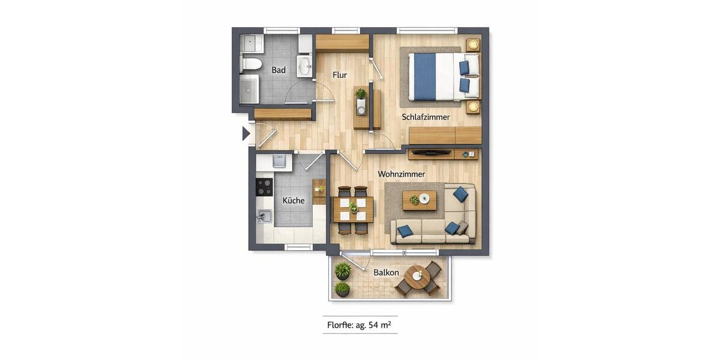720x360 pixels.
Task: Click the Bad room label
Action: point(278,70)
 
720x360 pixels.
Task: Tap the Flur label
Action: point(340,75)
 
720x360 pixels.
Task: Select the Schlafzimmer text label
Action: point(425,117)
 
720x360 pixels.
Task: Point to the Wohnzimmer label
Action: point(401,174)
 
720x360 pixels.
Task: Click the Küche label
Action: point(293,200)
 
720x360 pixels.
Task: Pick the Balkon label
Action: point(386,272)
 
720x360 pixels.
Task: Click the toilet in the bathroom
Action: point(251,64)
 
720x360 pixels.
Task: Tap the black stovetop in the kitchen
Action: point(264,187)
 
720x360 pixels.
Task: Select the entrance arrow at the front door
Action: point(246,133)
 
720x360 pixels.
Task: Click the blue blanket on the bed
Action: point(424,77)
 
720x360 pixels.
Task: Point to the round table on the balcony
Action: point(416,277)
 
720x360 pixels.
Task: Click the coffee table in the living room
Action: point(419,200)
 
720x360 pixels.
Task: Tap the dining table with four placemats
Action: point(353,209)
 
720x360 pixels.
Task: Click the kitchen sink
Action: point(264,216)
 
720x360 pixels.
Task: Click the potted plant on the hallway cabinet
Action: point(361,94)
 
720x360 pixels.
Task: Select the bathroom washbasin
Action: point(304,65)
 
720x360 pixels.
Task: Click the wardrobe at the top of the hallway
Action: point(342,43)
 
